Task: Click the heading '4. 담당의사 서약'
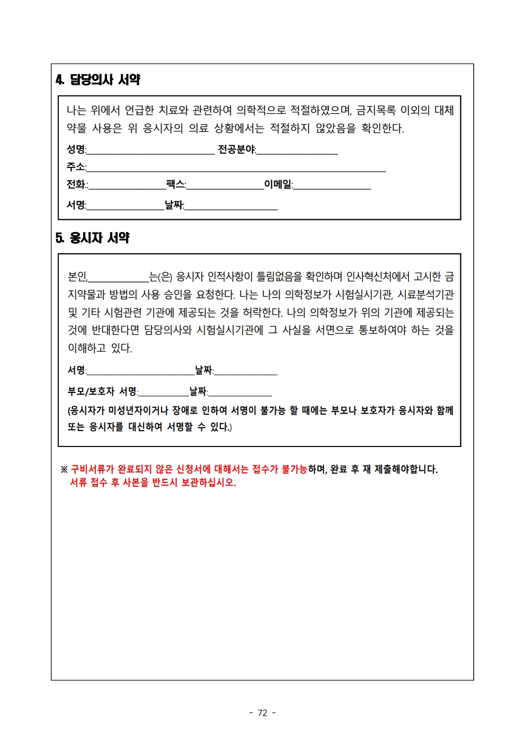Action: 98,79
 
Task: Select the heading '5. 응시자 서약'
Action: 93,238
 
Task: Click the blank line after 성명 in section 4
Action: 150,151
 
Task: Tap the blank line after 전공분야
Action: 297,151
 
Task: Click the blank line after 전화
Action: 127,186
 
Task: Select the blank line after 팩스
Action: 225,186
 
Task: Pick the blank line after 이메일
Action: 332,186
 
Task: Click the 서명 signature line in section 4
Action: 125,207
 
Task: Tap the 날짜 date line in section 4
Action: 231,207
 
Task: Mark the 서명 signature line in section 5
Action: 140,372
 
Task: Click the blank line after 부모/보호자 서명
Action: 164,394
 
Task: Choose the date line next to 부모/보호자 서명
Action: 240,394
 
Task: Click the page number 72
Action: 262,713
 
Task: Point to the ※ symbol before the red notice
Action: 64,469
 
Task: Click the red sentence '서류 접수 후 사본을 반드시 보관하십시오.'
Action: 153,482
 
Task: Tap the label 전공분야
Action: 236,150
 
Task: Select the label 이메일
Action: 278,184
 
